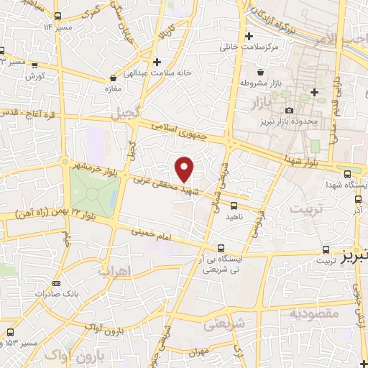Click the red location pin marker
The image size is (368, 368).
(185, 169)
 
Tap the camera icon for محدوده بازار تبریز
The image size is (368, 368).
(289, 110)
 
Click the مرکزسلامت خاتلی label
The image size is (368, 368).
(249, 47)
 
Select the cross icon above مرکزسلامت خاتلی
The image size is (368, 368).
(249, 36)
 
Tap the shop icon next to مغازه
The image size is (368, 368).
(113, 78)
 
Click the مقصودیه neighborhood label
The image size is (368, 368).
(314, 314)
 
